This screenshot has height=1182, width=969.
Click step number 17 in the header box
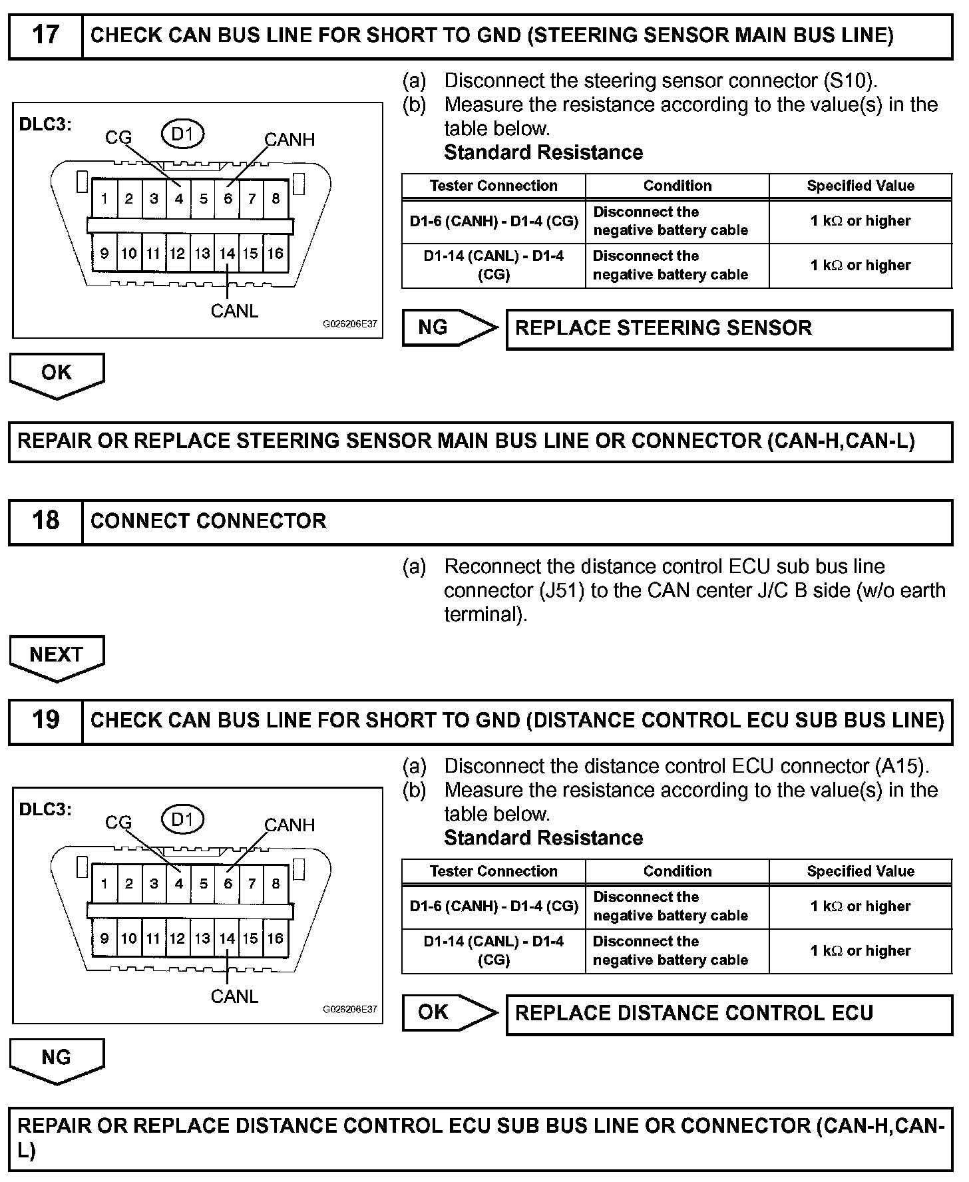point(45,35)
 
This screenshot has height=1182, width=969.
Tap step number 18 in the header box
point(45,521)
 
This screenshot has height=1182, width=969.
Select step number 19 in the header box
point(45,720)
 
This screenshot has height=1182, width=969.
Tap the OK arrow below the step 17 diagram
point(57,373)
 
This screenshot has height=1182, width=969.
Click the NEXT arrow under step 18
point(57,656)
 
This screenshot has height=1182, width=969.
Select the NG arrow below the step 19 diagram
point(57,1058)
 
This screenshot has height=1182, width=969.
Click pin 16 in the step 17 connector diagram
point(276,254)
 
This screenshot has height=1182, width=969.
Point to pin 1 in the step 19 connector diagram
point(104,884)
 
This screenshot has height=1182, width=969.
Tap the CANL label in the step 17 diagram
point(234,311)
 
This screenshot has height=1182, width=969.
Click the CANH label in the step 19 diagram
point(290,825)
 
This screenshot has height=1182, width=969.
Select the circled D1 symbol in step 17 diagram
point(182,134)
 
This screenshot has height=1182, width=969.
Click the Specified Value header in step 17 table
point(861,186)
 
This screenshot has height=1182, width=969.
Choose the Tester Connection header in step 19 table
point(493,871)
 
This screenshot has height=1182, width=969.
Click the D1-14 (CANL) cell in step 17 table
point(493,266)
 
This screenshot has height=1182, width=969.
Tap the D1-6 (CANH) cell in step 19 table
point(493,906)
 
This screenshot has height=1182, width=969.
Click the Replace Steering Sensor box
point(729,328)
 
